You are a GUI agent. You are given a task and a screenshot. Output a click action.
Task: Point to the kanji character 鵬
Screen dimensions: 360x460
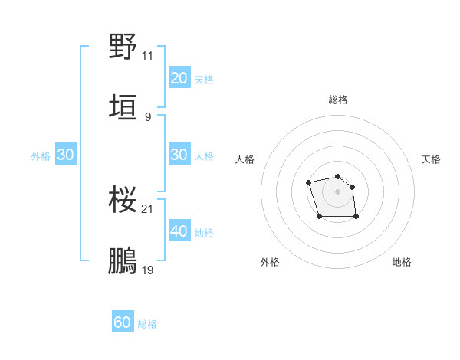(123, 261)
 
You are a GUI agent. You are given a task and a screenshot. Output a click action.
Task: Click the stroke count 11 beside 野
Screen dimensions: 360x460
(148, 56)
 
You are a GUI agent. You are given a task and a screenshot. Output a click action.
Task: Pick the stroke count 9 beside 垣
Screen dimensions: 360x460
(148, 117)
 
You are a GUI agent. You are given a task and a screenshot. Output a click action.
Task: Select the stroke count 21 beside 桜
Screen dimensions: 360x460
(148, 209)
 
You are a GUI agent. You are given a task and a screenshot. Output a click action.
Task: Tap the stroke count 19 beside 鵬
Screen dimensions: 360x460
(148, 270)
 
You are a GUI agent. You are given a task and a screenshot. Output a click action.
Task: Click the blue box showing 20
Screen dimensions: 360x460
(179, 78)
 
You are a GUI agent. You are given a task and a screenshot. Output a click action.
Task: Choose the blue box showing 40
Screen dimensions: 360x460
(179, 231)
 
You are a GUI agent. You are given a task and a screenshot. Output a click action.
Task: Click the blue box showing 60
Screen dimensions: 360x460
(123, 323)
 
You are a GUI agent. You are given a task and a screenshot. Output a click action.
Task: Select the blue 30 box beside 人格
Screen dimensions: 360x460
(179, 155)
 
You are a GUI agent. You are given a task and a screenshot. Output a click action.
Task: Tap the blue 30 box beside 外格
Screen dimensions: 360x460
(65, 155)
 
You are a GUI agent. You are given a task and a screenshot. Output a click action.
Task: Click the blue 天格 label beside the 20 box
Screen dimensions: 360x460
(204, 80)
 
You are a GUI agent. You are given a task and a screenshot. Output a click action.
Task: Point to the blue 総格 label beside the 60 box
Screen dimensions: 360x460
(147, 325)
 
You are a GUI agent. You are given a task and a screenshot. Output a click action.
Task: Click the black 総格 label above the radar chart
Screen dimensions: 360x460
(338, 100)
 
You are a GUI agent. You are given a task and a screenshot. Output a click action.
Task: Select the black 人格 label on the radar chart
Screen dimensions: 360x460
(245, 159)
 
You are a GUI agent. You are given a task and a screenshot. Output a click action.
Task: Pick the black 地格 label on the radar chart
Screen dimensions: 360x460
(402, 263)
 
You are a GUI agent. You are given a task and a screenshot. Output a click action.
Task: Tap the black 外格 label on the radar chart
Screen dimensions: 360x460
(270, 263)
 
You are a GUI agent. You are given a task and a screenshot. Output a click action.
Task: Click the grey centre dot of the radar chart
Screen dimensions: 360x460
(337, 191)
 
